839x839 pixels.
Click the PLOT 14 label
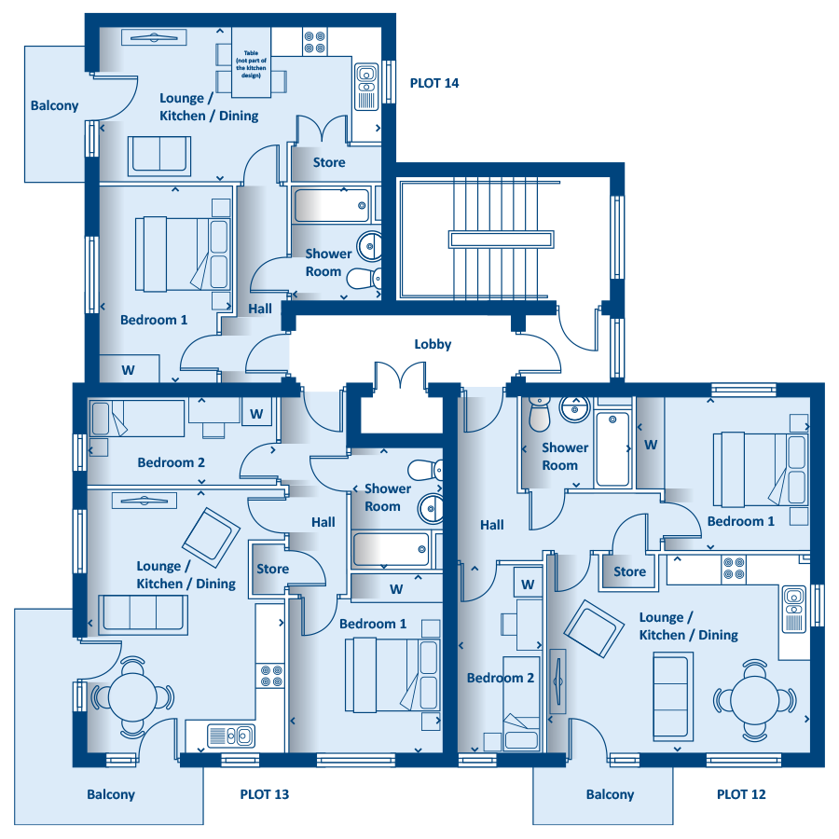433,83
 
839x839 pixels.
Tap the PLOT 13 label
265,794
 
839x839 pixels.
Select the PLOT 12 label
741,794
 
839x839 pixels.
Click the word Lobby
433,344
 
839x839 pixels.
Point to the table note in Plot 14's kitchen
251,64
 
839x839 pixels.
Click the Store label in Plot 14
328,162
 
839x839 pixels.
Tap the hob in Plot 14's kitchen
315,42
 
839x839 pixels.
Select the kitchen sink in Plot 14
366,87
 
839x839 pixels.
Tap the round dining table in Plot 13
132,696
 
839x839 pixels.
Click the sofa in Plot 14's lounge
158,156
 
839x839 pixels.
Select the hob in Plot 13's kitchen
271,676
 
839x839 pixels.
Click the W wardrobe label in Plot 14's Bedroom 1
128,370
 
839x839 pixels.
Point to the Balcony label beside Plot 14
54,105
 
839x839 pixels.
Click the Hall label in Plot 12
491,525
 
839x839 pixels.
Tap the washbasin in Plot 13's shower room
430,508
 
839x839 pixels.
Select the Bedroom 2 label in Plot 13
171,462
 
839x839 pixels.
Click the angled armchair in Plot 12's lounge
594,628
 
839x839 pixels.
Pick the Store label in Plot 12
629,571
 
